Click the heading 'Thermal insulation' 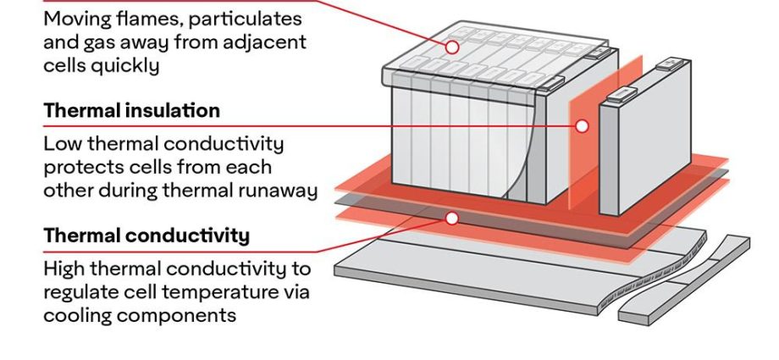pos(131,111)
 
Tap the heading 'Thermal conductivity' pos(146,235)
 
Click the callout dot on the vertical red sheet pos(582,126)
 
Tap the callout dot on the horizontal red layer pos(451,219)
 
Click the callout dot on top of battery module pos(453,47)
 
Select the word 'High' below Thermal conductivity pos(64,269)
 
